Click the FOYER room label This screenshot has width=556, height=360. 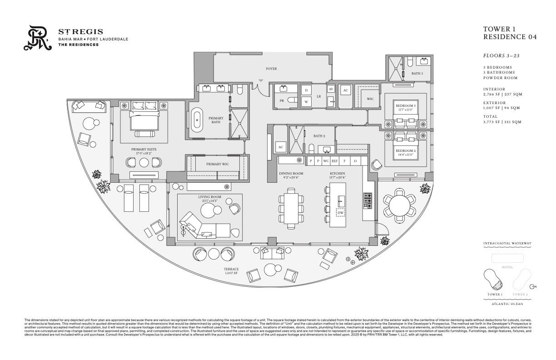271,69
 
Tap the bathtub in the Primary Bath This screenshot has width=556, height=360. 198,120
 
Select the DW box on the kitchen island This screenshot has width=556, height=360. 340,213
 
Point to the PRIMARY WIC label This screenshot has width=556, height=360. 217,164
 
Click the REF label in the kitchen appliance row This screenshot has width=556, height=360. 334,160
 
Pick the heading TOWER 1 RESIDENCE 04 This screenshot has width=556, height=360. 509,33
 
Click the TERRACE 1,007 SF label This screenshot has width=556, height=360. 231,271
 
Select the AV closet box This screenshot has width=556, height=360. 331,89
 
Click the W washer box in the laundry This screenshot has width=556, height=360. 306,101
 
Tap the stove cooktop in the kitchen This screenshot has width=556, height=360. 367,200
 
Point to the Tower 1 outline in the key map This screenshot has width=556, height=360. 494,279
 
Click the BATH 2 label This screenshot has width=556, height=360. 318,136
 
